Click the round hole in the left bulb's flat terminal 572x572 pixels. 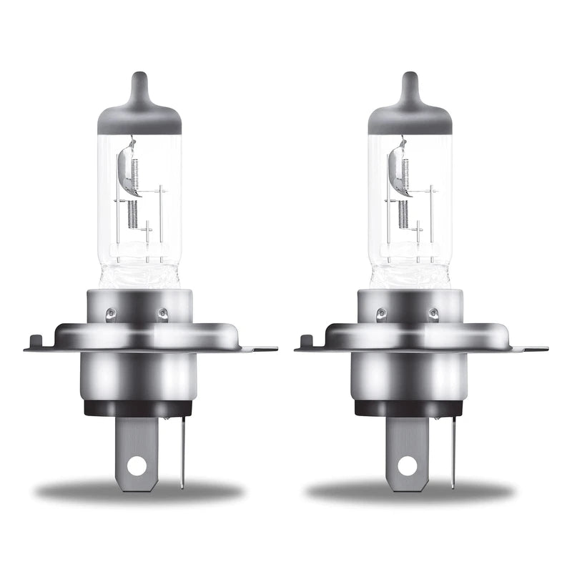[x=136, y=466]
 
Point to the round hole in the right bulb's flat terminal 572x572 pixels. [x=407, y=466]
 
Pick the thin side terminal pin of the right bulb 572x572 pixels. [x=453, y=450]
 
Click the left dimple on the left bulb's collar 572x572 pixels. [x=111, y=312]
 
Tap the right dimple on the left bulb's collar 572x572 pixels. [x=162, y=312]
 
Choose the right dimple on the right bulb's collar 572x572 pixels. [x=433, y=312]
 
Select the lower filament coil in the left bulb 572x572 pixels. [x=132, y=213]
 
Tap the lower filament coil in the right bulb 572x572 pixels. [x=403, y=213]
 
